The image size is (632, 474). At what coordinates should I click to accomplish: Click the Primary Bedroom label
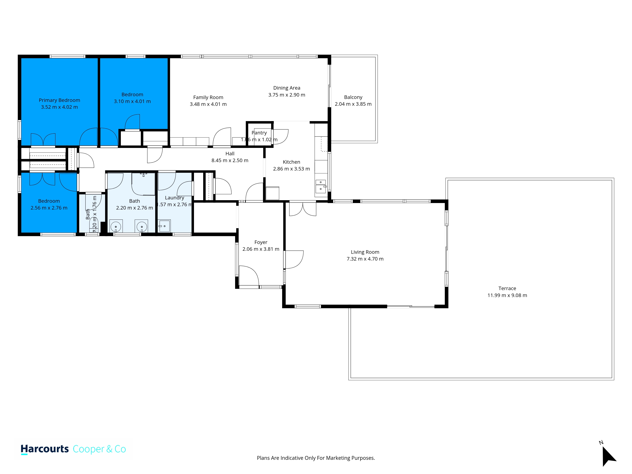coord(59,100)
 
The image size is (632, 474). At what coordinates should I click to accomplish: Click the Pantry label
coord(259,133)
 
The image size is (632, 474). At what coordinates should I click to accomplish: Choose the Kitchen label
coord(291,162)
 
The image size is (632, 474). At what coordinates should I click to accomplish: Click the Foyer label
coord(261,242)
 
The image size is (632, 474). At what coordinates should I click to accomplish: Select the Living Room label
coord(365,252)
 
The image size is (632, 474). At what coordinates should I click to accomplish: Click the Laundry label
coord(175,198)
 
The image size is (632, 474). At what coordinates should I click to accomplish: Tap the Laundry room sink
coord(164,226)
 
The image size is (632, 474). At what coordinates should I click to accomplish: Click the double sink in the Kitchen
coord(321,186)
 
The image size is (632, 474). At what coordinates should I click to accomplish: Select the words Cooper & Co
coord(99,449)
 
